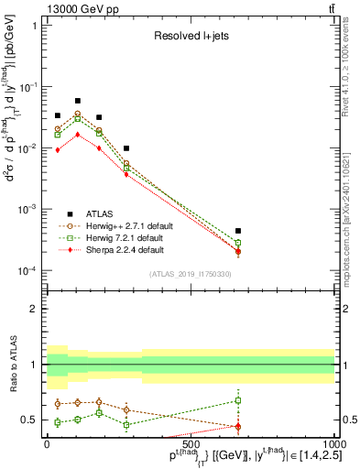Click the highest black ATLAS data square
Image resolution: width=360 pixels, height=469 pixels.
pos(78,101)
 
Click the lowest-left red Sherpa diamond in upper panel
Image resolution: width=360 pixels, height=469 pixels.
pos(58,149)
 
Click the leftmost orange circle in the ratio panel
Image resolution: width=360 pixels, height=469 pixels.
pos(58,404)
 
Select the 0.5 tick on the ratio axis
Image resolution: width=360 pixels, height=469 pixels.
pos(33,420)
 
